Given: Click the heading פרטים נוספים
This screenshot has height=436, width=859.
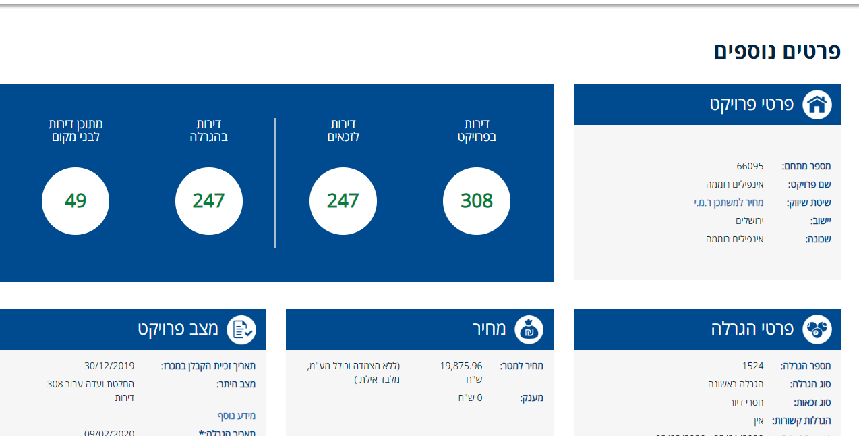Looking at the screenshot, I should [777, 52].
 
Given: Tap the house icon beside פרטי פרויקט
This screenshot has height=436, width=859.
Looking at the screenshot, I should [817, 105].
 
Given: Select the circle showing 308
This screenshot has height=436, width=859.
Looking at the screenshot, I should [477, 201].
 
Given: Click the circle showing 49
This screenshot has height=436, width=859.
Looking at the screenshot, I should [76, 201].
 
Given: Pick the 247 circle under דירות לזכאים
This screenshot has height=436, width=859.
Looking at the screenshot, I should [343, 201].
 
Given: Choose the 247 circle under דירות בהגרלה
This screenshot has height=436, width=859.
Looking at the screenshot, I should [209, 201].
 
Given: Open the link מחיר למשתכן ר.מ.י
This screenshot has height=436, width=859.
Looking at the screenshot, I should [729, 202].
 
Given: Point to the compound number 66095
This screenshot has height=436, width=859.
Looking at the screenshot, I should [750, 166].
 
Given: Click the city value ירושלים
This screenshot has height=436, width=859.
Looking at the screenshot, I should [749, 221].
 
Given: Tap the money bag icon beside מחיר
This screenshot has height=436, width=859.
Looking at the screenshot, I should [529, 329].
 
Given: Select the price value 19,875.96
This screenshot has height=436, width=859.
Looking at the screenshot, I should [461, 366].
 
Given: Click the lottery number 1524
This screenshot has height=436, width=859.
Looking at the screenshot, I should [752, 366].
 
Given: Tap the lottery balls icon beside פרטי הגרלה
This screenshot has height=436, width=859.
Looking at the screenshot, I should [817, 329].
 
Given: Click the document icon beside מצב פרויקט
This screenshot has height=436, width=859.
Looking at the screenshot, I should [241, 329].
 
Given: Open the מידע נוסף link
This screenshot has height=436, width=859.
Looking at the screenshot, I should [236, 416].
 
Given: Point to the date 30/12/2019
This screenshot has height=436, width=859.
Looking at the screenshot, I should [109, 366].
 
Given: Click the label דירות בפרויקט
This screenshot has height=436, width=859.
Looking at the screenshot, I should [477, 130].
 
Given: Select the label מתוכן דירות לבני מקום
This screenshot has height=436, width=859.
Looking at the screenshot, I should [76, 130].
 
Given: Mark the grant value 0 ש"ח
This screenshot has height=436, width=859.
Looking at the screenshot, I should [470, 398].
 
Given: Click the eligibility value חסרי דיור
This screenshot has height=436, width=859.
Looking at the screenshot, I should [746, 402].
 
